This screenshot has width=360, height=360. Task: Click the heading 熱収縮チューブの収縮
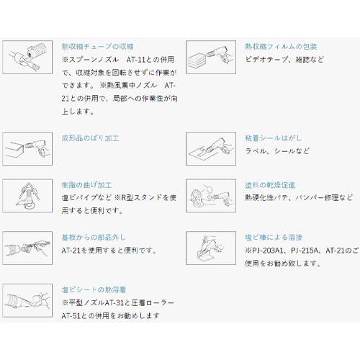98,47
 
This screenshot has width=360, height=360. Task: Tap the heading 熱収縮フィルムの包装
281,47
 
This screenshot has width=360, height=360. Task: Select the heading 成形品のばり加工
91,138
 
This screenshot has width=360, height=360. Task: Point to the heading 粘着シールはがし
273,138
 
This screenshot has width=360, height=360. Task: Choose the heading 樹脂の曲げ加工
86,185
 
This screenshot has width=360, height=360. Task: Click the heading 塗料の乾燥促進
270,185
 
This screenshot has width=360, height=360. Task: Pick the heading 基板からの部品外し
94,238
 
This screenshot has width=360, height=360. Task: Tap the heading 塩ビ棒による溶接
274,238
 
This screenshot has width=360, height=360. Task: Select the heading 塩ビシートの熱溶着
94,289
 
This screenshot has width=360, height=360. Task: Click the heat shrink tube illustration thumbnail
27,57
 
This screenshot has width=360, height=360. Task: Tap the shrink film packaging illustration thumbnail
211,57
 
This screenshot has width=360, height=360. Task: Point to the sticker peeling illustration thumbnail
211,149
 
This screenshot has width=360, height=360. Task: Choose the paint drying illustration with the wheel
211,196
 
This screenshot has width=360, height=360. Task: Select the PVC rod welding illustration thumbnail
211,248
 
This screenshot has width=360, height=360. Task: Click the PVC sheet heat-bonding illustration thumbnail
27,300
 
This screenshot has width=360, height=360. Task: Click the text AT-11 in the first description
136,60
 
